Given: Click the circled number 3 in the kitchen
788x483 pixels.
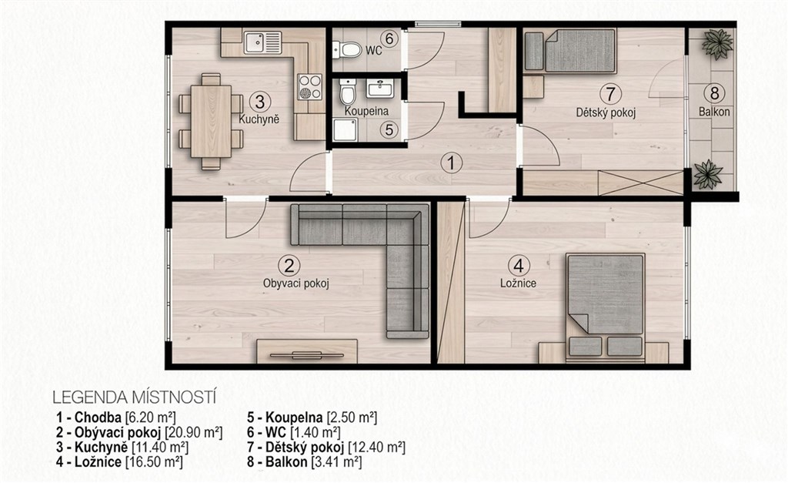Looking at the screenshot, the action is pyautogui.click(x=259, y=102).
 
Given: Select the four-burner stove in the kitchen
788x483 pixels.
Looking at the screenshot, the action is pyautogui.click(x=309, y=86).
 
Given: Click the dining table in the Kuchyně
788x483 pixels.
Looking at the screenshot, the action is pyautogui.click(x=211, y=121).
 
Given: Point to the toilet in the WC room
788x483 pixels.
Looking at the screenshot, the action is pyautogui.click(x=347, y=50).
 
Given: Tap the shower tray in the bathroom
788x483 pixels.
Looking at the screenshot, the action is pyautogui.click(x=346, y=130).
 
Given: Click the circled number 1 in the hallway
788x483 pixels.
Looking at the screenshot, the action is pyautogui.click(x=451, y=163).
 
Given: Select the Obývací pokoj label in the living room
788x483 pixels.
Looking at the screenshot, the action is pyautogui.click(x=296, y=283).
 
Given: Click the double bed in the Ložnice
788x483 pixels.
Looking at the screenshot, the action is pyautogui.click(x=606, y=307).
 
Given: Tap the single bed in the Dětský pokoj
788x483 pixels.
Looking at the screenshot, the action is pyautogui.click(x=570, y=50).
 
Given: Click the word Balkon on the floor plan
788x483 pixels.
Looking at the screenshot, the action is pyautogui.click(x=714, y=112).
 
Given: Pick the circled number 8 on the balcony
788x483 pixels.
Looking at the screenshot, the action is pyautogui.click(x=714, y=93).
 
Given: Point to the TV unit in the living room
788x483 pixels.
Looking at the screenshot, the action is pyautogui.click(x=307, y=351).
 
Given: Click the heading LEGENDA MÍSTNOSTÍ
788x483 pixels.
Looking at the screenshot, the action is pyautogui.click(x=134, y=397).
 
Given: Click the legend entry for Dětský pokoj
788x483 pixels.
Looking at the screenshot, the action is pyautogui.click(x=326, y=448).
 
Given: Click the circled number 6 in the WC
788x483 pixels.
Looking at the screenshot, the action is pyautogui.click(x=389, y=39).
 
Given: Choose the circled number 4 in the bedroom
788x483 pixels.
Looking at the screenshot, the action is pyautogui.click(x=519, y=265).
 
